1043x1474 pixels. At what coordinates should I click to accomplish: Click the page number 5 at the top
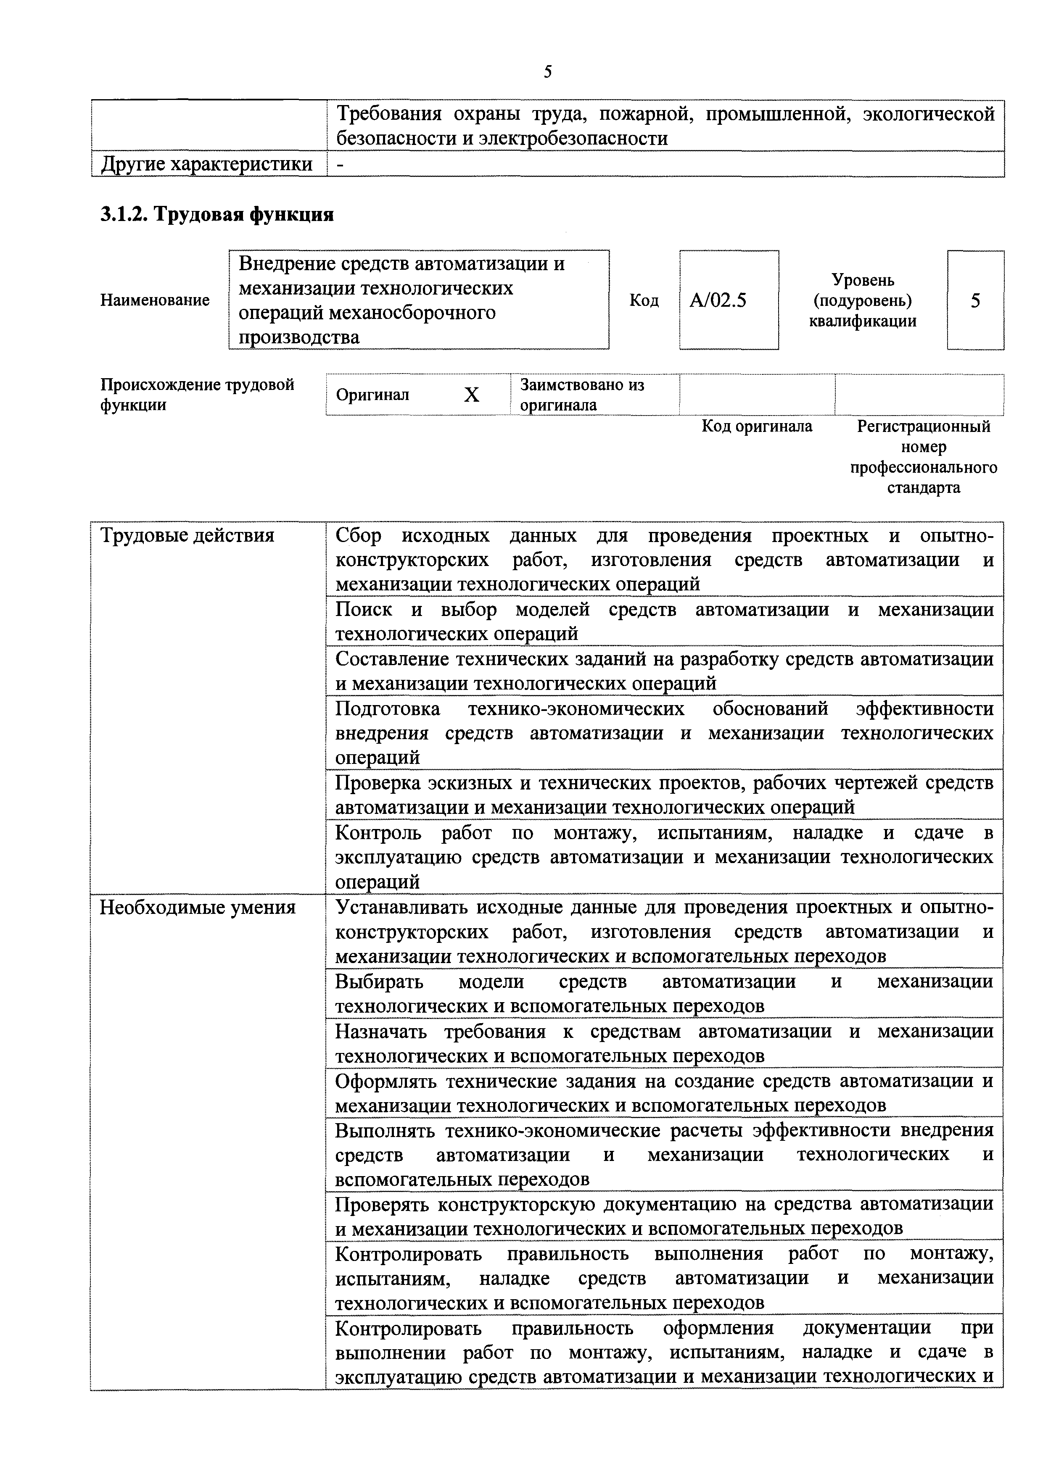[547, 71]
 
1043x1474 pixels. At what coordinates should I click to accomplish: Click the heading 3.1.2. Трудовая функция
[217, 214]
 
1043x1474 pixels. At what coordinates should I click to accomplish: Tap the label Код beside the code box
[644, 300]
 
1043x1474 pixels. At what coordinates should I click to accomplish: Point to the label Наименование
[155, 300]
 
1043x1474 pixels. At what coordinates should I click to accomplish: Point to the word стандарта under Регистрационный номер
[924, 488]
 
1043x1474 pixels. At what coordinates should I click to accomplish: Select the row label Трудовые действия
[187, 535]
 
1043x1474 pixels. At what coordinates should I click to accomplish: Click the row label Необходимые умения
[198, 908]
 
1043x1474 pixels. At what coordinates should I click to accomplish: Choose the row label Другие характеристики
[207, 164]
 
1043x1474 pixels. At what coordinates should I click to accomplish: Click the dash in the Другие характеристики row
[341, 164]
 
